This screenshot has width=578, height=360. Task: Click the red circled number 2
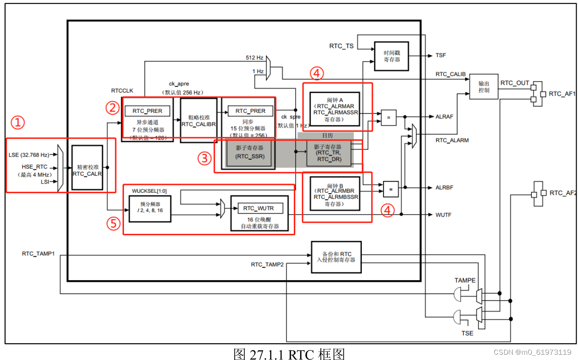(112, 107)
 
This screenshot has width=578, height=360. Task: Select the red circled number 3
(204, 158)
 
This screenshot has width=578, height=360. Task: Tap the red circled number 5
(113, 224)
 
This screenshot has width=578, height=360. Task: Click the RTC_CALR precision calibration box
(87, 167)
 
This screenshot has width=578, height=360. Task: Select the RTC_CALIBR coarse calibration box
(198, 118)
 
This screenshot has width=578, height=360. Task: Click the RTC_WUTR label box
(259, 208)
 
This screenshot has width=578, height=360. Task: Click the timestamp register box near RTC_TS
(391, 56)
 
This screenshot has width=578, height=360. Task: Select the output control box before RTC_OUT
(484, 86)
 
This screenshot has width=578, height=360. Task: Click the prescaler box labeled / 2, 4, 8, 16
(150, 208)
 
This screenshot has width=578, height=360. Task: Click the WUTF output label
(444, 215)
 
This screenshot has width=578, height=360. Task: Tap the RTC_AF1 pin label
(563, 94)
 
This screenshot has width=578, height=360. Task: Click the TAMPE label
(465, 281)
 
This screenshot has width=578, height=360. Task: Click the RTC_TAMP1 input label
(38, 254)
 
